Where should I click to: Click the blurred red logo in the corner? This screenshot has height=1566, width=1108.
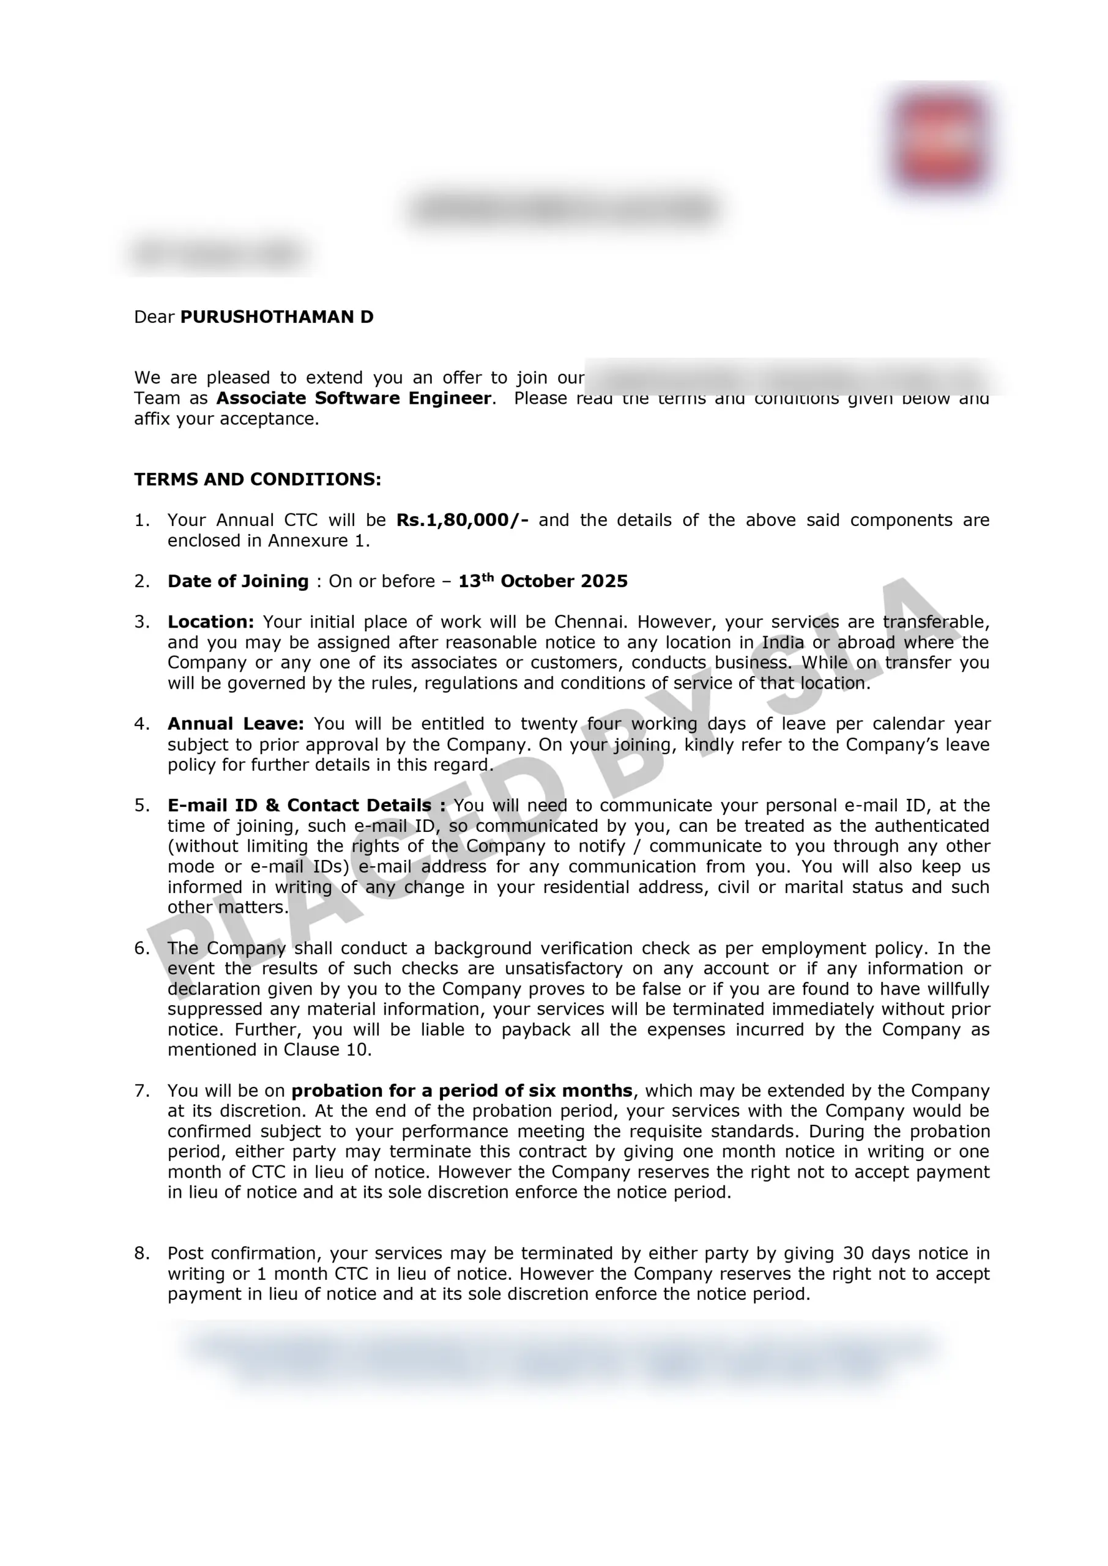pos(941,140)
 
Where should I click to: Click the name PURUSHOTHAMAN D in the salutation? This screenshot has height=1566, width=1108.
pos(277,317)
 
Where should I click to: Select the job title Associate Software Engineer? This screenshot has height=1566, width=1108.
pos(354,398)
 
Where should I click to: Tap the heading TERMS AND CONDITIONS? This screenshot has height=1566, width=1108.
pos(257,480)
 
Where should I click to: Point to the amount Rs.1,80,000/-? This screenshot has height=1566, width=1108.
pos(462,521)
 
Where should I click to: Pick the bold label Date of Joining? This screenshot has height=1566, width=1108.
pos(238,581)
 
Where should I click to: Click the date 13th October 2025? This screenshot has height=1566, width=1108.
pos(543,581)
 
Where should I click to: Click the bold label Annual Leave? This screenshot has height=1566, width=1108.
pos(236,724)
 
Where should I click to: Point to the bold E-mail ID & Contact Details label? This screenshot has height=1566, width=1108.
pos(307,806)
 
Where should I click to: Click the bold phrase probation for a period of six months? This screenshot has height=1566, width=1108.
pos(462,1091)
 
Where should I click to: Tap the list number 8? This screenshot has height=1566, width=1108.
pos(141,1253)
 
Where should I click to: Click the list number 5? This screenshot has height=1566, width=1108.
pos(141,806)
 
